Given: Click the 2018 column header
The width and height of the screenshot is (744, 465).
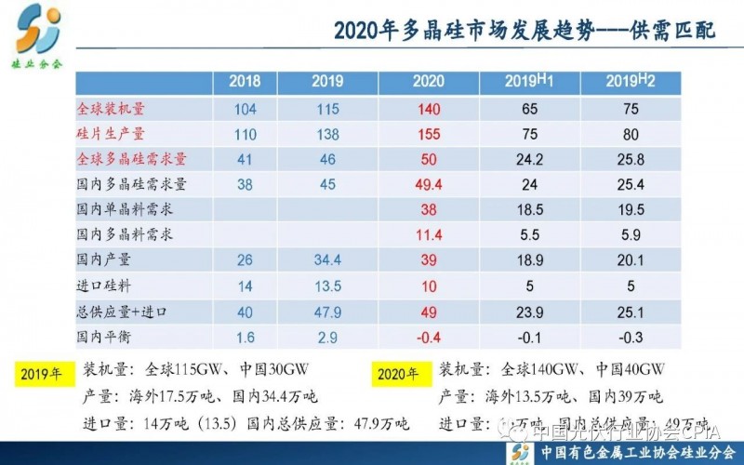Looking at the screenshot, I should point(245,82).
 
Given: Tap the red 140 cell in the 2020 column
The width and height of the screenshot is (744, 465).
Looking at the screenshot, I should point(429,109).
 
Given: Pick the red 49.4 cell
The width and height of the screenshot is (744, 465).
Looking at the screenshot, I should point(429,183).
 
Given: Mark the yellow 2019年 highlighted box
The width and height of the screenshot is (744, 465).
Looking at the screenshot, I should point(45,375).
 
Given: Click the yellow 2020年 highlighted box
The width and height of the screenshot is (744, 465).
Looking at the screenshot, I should point(400,375).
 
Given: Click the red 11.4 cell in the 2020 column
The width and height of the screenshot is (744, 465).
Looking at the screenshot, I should point(429,233).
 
